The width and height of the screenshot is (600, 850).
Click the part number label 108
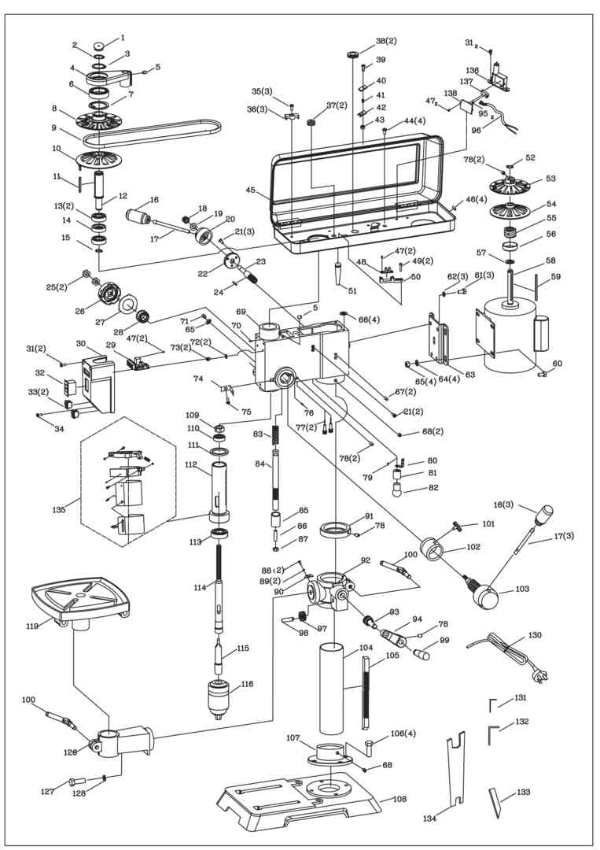tap(399, 799)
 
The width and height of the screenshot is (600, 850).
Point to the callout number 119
tap(31, 627)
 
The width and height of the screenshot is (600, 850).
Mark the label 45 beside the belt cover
tap(251, 190)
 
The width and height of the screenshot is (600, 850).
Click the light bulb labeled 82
tap(399, 490)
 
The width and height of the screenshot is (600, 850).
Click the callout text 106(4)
tap(403, 734)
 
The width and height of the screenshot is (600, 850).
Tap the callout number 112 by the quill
tap(191, 464)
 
